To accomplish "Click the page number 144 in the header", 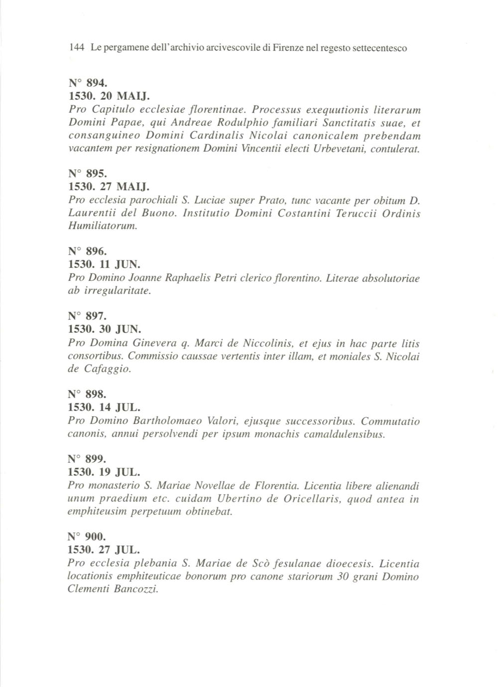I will coord(76,48).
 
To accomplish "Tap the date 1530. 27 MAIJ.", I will coord(109,187).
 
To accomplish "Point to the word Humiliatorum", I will coord(102,227).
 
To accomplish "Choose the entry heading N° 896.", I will coord(87,252).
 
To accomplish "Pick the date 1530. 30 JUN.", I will coord(105,329).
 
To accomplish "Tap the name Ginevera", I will coord(154,343).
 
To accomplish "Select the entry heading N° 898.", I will coord(87,394).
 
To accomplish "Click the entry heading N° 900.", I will coord(87,537).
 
